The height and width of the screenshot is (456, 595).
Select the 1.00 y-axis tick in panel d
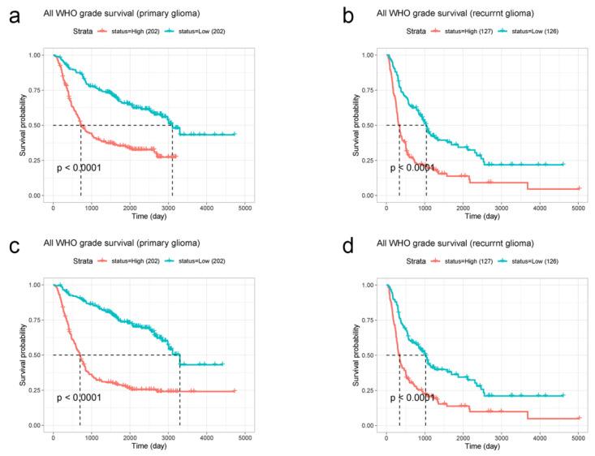click(x=366, y=285)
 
